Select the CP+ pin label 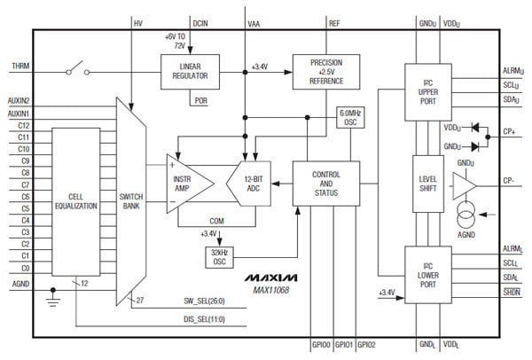pos(510,131)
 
